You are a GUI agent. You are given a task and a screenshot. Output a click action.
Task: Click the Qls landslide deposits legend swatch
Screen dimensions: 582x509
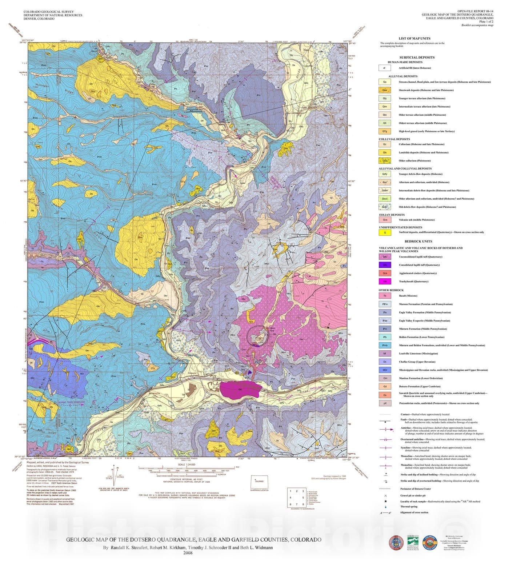(385, 152)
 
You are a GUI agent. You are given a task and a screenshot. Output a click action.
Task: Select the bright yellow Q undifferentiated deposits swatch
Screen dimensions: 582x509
(385, 232)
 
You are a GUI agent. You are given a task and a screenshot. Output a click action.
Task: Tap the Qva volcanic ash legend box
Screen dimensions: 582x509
(385, 220)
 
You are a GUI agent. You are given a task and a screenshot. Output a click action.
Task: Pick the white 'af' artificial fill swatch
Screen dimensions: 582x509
(385, 68)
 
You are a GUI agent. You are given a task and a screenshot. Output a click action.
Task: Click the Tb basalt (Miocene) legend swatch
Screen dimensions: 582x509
(385, 296)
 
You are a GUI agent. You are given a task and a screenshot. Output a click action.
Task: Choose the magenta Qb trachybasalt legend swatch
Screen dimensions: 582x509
(385, 281)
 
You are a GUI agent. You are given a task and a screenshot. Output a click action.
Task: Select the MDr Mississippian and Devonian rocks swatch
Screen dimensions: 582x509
(385, 370)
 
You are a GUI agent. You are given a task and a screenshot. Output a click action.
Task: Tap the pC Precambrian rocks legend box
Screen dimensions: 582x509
(385, 403)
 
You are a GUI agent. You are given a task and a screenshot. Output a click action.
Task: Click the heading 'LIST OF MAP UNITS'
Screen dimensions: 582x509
(414, 38)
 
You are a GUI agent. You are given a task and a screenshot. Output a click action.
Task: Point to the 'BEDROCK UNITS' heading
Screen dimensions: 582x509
(418, 241)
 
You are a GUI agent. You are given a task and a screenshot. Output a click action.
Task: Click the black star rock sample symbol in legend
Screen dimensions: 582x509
(386, 501)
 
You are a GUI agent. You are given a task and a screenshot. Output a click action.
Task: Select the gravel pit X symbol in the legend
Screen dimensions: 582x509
(386, 495)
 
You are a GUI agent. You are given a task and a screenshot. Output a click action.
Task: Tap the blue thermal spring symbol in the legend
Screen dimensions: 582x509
(386, 507)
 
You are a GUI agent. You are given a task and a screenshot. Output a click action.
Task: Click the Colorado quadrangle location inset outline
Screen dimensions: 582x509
(259, 482)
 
